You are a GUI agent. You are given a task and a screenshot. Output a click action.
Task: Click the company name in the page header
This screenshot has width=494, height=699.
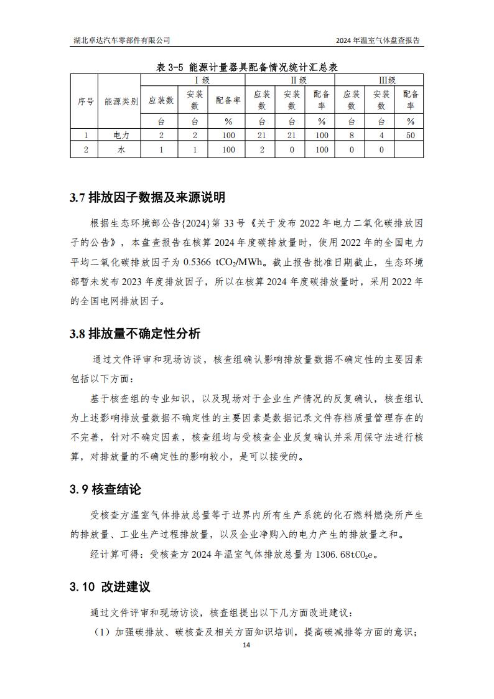[121, 40]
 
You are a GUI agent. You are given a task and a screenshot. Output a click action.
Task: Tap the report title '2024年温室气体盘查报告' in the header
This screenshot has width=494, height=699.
[377, 40]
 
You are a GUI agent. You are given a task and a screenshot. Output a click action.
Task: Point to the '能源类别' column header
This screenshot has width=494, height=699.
[121, 101]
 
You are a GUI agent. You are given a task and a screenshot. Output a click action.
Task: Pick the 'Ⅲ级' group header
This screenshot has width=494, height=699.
[379, 80]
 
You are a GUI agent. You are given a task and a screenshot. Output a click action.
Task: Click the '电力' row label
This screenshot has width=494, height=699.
[121, 135]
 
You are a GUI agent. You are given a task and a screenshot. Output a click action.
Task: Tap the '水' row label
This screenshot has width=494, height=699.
[121, 149]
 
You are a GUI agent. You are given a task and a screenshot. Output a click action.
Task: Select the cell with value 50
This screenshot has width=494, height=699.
[410, 135]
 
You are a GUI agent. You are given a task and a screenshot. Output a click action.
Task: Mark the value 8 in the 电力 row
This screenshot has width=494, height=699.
[352, 135]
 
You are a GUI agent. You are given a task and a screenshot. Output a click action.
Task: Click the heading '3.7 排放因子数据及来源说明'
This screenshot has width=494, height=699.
[147, 198]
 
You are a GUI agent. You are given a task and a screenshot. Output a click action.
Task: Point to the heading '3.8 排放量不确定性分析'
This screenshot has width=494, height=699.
[135, 334]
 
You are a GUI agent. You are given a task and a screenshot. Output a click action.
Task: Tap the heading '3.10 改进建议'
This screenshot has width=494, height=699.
[110, 587]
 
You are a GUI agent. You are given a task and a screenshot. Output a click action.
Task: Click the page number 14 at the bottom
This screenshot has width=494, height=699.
[247, 645]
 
